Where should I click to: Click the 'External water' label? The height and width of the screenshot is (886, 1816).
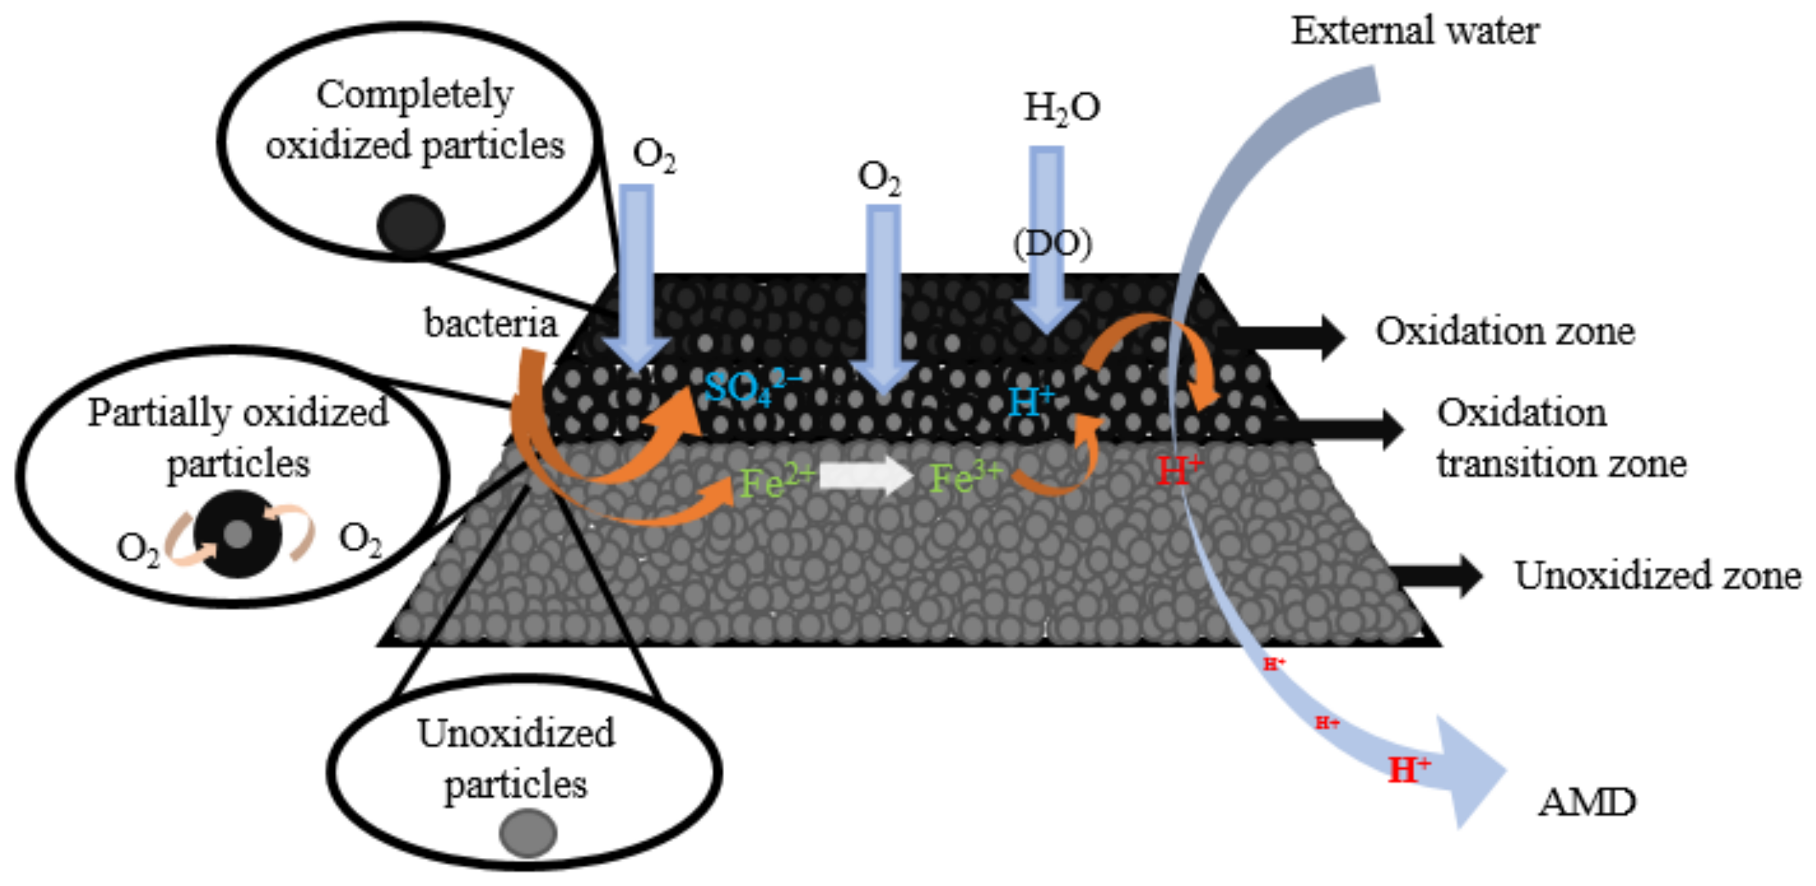(x=1414, y=31)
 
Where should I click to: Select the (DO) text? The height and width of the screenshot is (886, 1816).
(x=1053, y=244)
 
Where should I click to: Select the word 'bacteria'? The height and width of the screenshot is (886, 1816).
(x=491, y=324)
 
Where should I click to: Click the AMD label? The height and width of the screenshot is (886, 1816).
(x=1586, y=802)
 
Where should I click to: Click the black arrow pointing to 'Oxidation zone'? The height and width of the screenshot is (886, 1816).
(x=1283, y=337)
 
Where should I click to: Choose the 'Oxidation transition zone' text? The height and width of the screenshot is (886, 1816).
(x=1561, y=438)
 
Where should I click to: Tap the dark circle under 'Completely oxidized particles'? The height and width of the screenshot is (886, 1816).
(x=411, y=225)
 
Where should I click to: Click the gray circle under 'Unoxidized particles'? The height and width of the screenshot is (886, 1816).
(x=528, y=832)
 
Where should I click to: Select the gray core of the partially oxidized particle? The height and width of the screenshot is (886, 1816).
(x=238, y=534)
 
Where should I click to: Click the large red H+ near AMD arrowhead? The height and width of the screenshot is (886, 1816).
(x=1408, y=770)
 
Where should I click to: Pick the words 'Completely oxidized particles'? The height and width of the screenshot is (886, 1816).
(x=415, y=120)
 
